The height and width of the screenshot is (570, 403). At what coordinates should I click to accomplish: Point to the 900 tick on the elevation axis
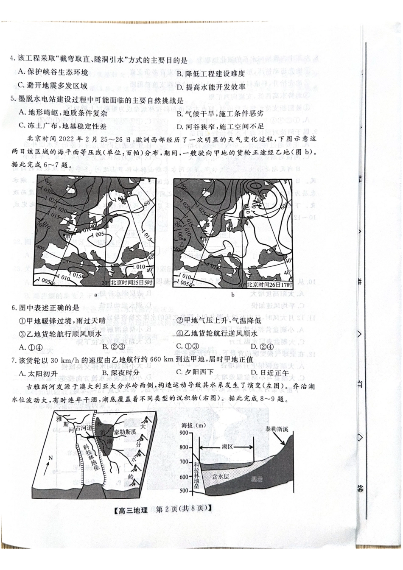point(186,433)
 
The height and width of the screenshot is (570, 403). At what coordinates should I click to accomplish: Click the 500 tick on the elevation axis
point(186,491)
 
